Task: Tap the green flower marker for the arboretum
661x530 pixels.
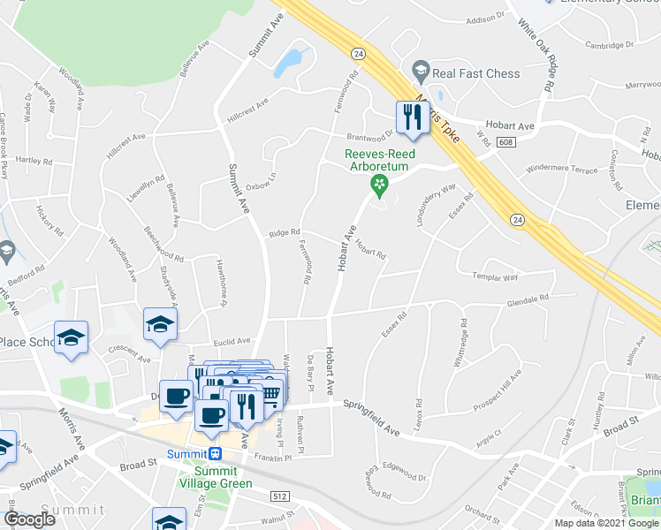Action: pos(378,185)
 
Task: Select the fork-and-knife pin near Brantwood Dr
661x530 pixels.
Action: pos(412,117)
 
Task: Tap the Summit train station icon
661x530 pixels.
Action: pos(216,453)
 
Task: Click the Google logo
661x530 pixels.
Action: pos(29,519)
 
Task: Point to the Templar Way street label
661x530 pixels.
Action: pos(494,277)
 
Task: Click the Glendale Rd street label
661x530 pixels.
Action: pos(528,299)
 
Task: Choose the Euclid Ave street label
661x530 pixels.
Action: pos(232,340)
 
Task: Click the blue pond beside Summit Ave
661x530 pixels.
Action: pos(288,62)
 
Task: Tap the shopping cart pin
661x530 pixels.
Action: pos(272,391)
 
